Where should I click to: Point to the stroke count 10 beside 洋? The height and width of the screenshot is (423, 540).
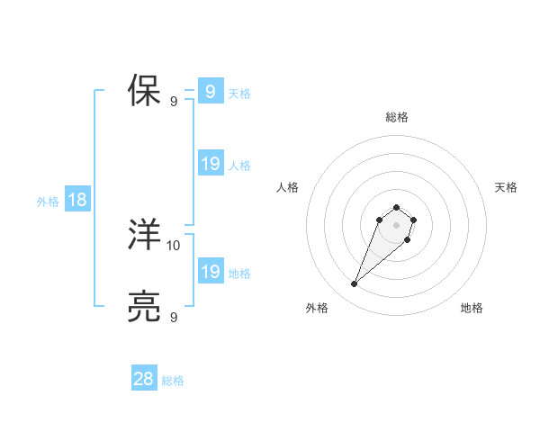pos(174,245)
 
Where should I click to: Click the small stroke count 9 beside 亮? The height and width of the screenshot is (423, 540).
pos(174,317)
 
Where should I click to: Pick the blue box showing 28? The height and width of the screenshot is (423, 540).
pos(144,379)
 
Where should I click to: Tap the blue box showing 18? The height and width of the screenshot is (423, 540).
pos(77,200)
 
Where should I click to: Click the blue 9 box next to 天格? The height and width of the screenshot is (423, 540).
pos(210,92)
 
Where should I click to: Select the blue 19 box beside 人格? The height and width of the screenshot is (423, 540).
pos(211,164)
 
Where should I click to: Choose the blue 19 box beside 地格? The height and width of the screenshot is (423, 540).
pos(211,272)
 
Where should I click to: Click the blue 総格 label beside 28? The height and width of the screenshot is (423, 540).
pos(173,381)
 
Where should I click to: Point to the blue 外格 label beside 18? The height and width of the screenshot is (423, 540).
pos(48,202)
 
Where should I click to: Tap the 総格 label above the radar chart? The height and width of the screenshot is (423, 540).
pos(397,117)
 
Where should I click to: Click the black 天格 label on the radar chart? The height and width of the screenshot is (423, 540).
pos(506,187)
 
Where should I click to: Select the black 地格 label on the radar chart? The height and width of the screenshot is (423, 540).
pos(472,308)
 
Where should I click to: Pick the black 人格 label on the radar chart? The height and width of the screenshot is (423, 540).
pos(288,187)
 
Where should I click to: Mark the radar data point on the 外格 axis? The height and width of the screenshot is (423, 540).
pos(355,284)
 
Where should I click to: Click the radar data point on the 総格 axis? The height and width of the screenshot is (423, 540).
pos(397,205)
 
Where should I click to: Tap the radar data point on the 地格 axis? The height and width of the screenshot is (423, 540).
pos(408,239)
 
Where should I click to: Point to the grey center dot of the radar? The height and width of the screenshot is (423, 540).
pos(397,224)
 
